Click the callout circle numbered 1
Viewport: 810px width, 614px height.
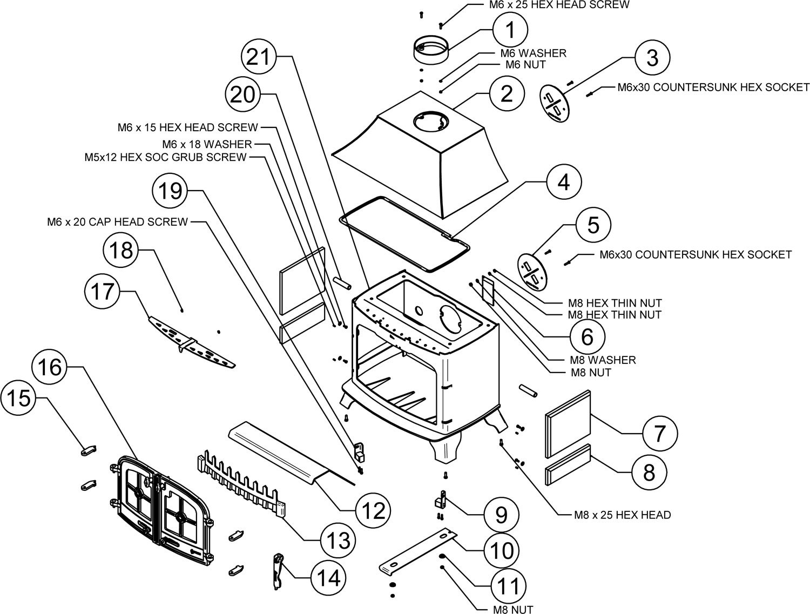pos(510,31)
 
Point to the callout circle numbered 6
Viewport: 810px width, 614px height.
pos(586,336)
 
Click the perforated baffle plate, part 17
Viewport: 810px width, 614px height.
pos(190,346)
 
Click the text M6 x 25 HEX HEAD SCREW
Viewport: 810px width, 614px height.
pos(556,5)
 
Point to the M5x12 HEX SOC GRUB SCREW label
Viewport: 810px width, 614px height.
pos(165,157)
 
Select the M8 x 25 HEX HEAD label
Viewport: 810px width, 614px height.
pos(622,515)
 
